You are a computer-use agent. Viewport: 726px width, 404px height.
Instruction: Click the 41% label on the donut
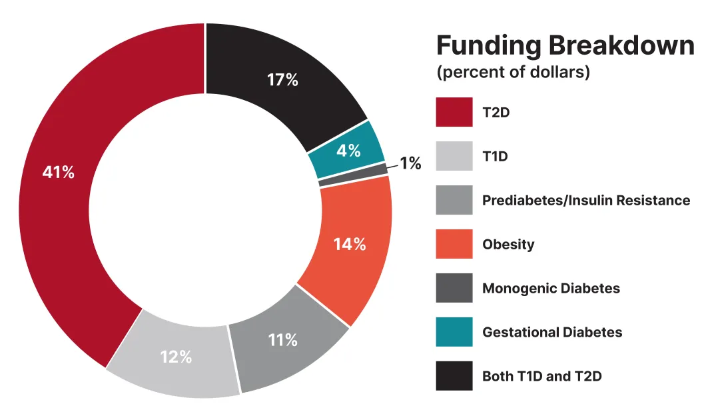coord(58,173)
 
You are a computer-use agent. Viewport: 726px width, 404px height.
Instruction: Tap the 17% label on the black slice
coord(282,80)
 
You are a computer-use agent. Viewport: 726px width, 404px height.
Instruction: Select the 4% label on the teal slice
coord(348,151)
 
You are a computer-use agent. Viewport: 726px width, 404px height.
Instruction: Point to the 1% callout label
coord(410,163)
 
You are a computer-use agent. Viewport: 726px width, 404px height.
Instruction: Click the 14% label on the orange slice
coord(350,245)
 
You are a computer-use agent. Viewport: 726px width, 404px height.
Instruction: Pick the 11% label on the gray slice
coord(282,340)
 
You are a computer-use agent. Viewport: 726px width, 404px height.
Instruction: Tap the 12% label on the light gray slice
coord(176,357)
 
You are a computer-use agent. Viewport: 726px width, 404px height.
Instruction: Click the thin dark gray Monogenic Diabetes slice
coord(353,174)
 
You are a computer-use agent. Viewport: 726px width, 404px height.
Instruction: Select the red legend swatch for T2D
coord(454,112)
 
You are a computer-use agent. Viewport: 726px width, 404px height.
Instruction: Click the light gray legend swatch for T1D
coord(454,156)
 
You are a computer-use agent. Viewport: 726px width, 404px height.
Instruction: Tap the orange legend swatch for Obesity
coord(454,244)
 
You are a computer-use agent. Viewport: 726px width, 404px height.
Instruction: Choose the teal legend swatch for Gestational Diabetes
coord(454,332)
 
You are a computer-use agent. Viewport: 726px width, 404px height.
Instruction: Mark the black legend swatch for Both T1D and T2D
coord(454,376)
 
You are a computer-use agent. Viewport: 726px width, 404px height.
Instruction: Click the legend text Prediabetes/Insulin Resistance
coord(586,200)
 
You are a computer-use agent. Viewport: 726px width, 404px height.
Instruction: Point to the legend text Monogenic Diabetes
coord(551,289)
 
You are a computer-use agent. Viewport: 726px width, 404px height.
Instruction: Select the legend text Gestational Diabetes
coord(552,332)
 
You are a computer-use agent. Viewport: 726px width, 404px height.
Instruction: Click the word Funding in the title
coord(488,46)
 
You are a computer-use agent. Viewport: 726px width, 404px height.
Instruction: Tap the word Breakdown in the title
coord(621,46)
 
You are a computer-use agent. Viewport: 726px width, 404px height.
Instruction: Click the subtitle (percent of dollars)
coord(513,72)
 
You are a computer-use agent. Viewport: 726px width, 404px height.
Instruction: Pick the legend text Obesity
coord(508,244)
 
